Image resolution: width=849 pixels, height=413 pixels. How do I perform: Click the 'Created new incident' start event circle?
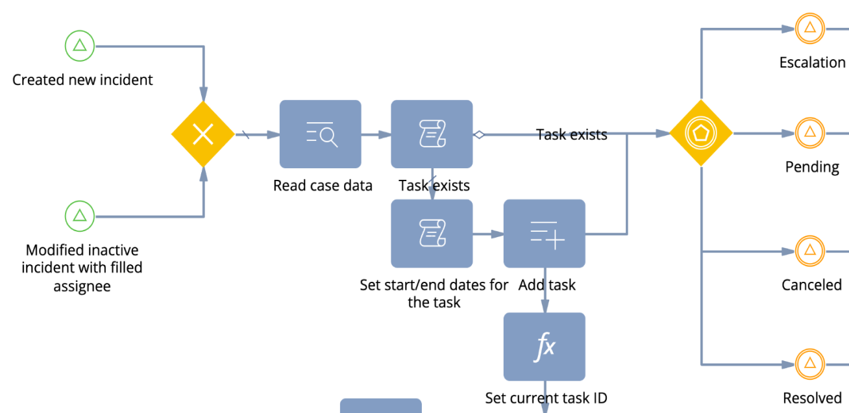(x=80, y=46)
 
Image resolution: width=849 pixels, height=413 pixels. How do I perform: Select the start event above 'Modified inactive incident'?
(x=80, y=216)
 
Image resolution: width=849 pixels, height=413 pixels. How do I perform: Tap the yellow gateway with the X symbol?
(x=203, y=134)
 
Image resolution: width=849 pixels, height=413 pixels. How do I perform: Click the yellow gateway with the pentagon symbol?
(x=701, y=134)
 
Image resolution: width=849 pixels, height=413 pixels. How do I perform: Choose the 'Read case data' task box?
(x=320, y=134)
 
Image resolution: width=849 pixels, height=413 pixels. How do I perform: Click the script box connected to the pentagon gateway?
(x=432, y=134)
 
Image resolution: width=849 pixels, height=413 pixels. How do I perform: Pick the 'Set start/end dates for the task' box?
(x=432, y=233)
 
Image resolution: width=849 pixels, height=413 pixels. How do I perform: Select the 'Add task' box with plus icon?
(x=545, y=233)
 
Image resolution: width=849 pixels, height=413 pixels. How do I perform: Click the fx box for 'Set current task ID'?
(x=545, y=347)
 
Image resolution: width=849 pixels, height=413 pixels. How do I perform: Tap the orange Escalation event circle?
(x=809, y=28)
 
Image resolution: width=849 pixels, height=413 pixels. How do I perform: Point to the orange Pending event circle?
(x=809, y=133)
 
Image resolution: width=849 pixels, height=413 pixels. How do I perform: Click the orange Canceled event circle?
(x=809, y=251)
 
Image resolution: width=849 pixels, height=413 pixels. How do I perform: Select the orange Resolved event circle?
(x=809, y=364)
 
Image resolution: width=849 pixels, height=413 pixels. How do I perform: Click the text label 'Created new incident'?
(x=82, y=80)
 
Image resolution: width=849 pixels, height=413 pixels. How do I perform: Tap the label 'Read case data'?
(x=323, y=186)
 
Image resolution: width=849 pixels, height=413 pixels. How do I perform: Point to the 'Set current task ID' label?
(x=546, y=398)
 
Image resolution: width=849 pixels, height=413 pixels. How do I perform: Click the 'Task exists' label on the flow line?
(x=572, y=134)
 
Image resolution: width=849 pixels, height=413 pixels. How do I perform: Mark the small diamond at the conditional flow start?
(x=479, y=134)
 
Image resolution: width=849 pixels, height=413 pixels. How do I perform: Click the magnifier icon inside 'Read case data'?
(x=328, y=137)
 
